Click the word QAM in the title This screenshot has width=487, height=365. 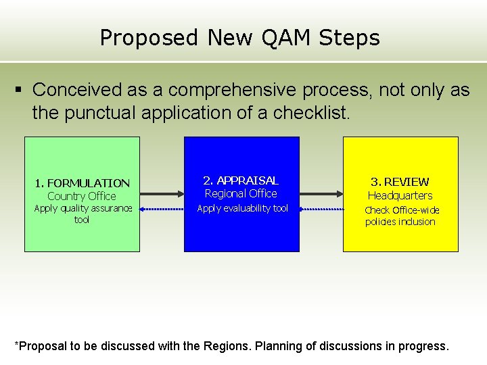(x=274, y=38)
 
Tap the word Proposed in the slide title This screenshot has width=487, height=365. (x=149, y=38)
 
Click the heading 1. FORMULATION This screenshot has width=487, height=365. (x=82, y=183)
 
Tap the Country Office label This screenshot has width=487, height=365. (x=82, y=196)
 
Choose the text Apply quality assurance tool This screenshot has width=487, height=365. (x=82, y=214)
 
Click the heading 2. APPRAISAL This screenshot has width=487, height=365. (x=241, y=180)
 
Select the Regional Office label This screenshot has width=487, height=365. (x=241, y=194)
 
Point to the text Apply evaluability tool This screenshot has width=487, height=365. (x=242, y=208)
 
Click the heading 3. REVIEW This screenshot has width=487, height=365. (x=400, y=182)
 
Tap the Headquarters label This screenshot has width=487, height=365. (x=400, y=195)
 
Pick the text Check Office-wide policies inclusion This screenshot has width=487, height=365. (x=400, y=216)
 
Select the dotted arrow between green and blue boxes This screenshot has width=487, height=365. (x=162, y=210)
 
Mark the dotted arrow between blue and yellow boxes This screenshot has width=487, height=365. (x=321, y=210)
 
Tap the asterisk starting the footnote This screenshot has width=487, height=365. (x=17, y=344)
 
